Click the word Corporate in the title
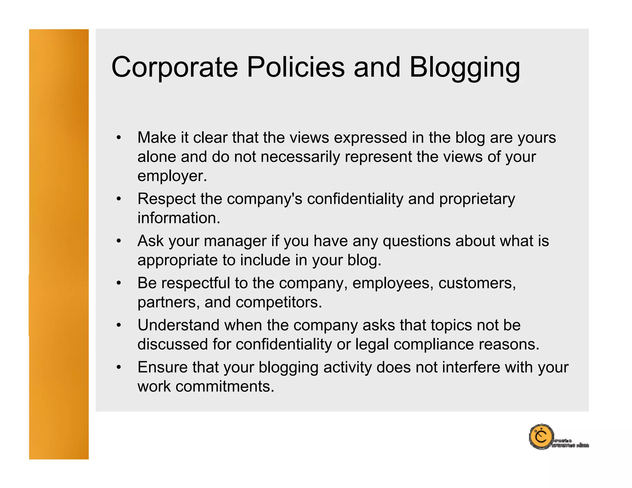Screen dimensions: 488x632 pos(175,67)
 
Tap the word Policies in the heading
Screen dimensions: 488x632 pos(295,67)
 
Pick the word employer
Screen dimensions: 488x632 pos(172,176)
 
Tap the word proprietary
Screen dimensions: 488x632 pos(477,199)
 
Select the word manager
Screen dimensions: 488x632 pos(235,241)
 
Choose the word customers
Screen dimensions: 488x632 pos(477,283)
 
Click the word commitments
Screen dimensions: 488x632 pos(225,387)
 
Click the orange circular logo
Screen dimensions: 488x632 pos(541,436)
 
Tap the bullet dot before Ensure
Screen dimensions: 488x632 pos(119,367)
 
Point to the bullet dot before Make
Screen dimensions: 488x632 pos(119,138)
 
